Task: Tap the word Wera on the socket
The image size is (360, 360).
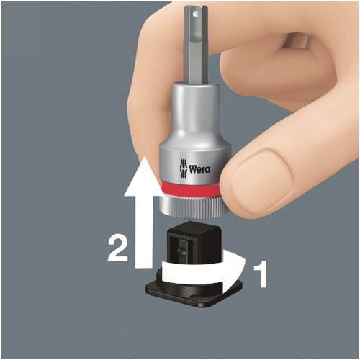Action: [199, 169]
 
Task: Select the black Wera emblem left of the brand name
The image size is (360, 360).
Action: [184, 168]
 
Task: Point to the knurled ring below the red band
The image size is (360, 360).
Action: [193, 207]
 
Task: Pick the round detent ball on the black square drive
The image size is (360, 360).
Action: [181, 251]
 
